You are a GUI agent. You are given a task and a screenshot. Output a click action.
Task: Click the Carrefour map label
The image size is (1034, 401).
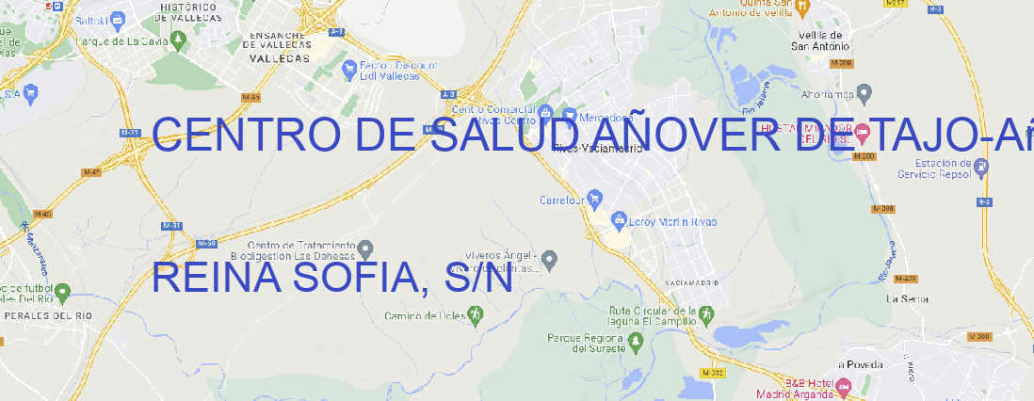click(x=563, y=200)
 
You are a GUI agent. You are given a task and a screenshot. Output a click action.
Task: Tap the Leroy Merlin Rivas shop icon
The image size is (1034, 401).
click(x=619, y=220)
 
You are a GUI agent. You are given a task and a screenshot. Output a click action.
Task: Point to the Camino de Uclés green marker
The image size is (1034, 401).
click(x=475, y=316)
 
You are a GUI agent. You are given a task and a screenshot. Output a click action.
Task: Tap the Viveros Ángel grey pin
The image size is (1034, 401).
click(x=551, y=258)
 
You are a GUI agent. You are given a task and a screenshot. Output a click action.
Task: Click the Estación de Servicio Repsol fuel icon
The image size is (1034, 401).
click(x=981, y=168)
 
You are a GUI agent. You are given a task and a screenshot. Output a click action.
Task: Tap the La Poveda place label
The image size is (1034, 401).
click(x=858, y=364)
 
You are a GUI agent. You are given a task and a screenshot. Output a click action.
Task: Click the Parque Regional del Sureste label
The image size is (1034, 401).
click(x=586, y=343)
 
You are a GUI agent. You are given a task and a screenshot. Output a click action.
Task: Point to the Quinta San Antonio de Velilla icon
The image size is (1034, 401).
click(x=802, y=8)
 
